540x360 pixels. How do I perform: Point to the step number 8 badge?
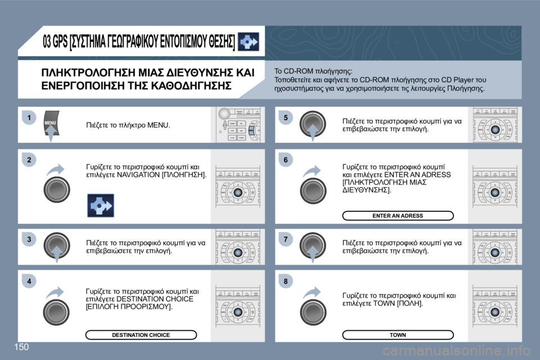point(285,281)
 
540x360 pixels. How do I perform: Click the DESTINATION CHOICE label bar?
point(141,335)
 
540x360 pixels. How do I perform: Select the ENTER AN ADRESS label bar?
point(398,215)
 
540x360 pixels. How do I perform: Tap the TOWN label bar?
point(398,335)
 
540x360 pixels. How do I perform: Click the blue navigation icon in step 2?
point(100,205)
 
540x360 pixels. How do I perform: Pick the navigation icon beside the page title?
point(249,42)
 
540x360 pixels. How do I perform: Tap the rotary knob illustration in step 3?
point(57,246)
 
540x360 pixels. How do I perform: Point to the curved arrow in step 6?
point(313,170)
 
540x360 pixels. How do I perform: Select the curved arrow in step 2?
point(56,170)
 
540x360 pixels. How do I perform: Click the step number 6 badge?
point(285,160)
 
